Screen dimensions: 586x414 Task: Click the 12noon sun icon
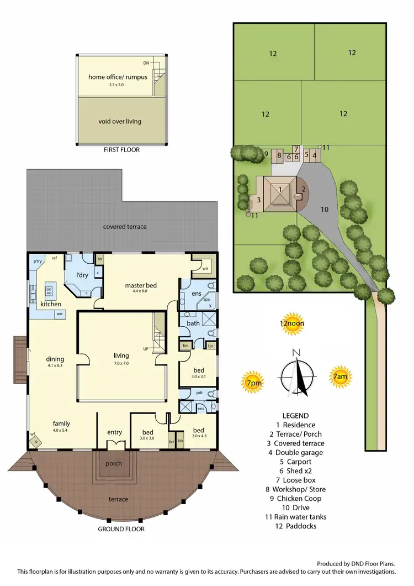[x=292, y=325]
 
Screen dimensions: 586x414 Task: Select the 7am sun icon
[x=339, y=376]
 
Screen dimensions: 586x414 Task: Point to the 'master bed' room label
[x=141, y=285]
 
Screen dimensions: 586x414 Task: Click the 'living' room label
[x=121, y=355]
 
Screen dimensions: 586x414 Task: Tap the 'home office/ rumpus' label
[x=118, y=77]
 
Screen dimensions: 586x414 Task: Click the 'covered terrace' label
[x=125, y=227]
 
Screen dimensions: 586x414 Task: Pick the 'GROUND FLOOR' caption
[x=121, y=529]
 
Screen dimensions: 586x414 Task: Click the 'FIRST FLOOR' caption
[x=122, y=150]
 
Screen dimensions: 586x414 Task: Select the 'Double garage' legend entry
[x=303, y=452]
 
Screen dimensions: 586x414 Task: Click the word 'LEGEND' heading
[x=295, y=416]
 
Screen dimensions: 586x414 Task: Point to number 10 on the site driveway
[x=325, y=209]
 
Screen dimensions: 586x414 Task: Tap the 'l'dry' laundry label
[x=82, y=275]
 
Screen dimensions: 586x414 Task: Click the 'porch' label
[x=114, y=463]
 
